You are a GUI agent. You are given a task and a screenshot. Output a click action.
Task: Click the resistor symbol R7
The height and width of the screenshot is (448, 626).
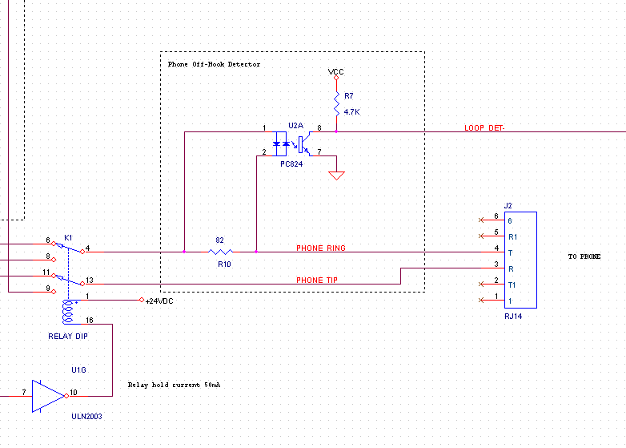coord(336,103)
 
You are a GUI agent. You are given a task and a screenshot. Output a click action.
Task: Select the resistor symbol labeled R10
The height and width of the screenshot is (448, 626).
coord(220,252)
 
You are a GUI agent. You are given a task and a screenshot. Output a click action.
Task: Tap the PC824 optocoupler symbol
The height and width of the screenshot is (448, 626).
coord(292,145)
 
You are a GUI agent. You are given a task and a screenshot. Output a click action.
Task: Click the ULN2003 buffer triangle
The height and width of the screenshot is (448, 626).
coord(47,395)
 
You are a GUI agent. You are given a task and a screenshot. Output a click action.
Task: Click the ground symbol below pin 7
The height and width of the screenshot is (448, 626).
coord(337,174)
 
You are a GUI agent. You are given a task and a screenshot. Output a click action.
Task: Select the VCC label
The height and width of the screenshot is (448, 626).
coord(336,72)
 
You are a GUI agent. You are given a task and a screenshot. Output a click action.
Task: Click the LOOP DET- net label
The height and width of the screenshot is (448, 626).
coord(484,128)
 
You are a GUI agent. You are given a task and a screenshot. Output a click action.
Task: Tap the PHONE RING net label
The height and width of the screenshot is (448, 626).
coord(321,248)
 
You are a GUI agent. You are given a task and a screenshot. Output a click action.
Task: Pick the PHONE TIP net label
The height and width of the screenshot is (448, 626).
coord(316,281)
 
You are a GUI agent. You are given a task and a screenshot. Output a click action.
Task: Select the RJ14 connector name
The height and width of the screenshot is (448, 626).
coord(513,317)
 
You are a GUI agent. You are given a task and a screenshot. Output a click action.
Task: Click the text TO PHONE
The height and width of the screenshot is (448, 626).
coord(584,257)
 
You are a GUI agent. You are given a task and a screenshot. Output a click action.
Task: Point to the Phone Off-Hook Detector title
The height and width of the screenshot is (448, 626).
coord(214,64)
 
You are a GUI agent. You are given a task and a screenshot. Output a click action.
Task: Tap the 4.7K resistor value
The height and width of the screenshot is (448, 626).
coord(351,112)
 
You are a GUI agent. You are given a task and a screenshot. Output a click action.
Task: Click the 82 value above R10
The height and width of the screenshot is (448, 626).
coord(220,240)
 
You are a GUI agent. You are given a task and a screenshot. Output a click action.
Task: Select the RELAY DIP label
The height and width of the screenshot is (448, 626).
coord(68,337)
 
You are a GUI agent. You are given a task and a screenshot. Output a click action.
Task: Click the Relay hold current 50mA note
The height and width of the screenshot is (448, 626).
coord(174,385)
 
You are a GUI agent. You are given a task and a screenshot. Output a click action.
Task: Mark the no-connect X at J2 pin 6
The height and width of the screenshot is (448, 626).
coord(481,220)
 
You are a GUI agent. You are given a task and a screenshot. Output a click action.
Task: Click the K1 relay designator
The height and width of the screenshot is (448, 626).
coord(68,238)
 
